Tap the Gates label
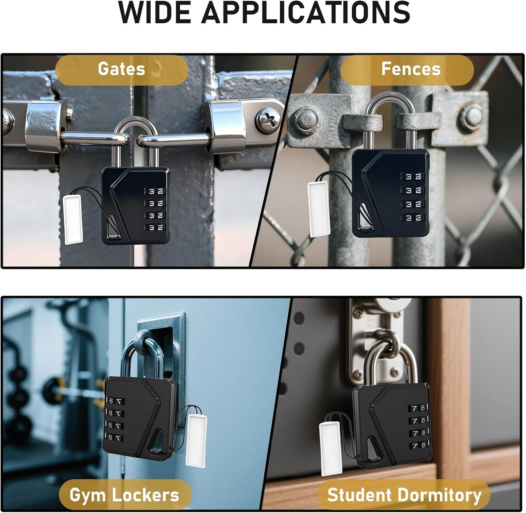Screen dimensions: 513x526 pyautogui.click(x=122, y=69)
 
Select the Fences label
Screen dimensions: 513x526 pyautogui.click(x=411, y=69)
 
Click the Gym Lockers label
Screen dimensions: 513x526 pyautogui.click(x=124, y=495)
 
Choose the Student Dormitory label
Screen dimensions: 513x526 pyautogui.click(x=404, y=495)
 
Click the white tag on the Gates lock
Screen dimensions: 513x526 pyautogui.click(x=73, y=219)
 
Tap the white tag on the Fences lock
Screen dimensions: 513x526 pyautogui.click(x=319, y=209)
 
